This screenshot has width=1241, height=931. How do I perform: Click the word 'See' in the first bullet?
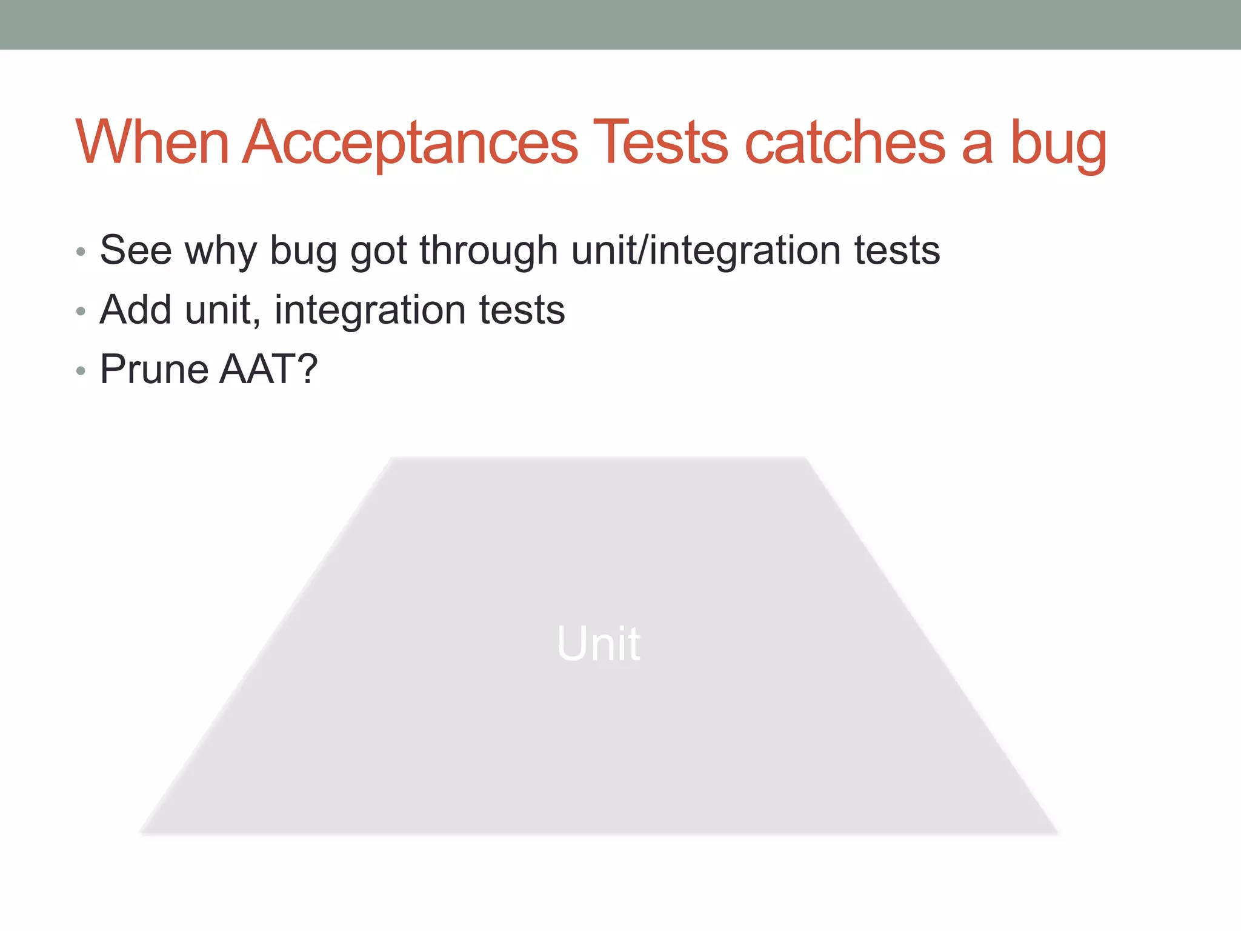click(136, 250)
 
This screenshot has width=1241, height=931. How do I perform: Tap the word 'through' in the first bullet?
click(488, 251)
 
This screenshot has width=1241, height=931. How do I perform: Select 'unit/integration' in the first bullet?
click(706, 251)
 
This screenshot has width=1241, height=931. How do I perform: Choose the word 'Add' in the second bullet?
click(136, 310)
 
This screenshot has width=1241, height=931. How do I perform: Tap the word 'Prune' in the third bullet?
click(155, 369)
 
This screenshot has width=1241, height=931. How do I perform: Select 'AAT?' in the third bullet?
click(268, 369)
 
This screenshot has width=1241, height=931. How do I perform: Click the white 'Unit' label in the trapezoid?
click(598, 643)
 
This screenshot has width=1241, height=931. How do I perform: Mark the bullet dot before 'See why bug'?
click(81, 252)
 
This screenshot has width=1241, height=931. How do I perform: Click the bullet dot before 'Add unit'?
click(81, 312)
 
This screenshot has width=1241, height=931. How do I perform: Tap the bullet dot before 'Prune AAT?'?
click(81, 371)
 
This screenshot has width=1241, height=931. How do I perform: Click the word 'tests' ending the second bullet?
click(522, 310)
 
